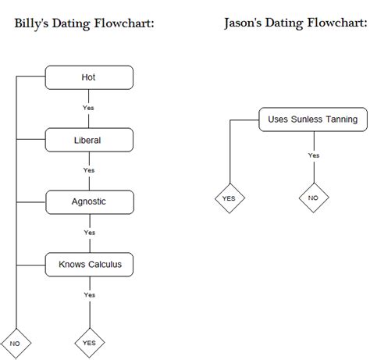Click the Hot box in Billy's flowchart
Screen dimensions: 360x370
pyautogui.click(x=89, y=77)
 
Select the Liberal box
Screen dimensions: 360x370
pyautogui.click(x=89, y=140)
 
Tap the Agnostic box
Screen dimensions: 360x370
pyautogui.click(x=89, y=202)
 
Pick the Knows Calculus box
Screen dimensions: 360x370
pyautogui.click(x=89, y=265)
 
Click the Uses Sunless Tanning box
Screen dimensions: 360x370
pyautogui.click(x=312, y=119)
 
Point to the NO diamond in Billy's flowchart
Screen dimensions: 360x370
pyautogui.click(x=16, y=343)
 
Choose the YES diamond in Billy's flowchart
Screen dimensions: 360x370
pyautogui.click(x=89, y=343)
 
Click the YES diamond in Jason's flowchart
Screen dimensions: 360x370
pyautogui.click(x=229, y=198)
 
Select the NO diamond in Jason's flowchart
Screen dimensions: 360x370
pyautogui.click(x=313, y=198)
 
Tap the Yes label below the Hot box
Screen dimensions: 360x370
pyautogui.click(x=89, y=108)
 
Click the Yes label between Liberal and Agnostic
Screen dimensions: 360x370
pyautogui.click(x=89, y=170)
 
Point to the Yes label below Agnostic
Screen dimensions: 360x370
pyautogui.click(x=89, y=233)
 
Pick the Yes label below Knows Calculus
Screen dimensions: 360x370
pyautogui.click(x=89, y=295)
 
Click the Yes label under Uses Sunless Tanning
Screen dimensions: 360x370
pyautogui.click(x=313, y=155)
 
